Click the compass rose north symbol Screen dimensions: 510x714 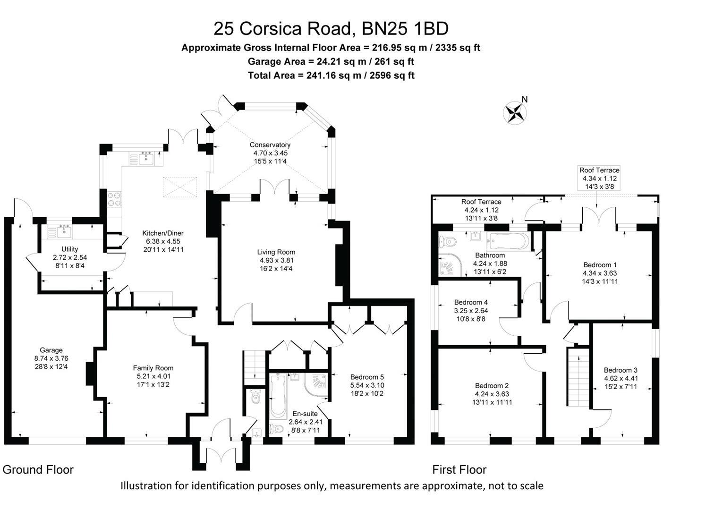tap(516, 113)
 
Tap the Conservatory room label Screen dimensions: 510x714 tap(270, 145)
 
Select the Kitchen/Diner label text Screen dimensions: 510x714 tap(163, 233)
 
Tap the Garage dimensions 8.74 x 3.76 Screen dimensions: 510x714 tap(51, 358)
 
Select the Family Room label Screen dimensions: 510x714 tap(153, 368)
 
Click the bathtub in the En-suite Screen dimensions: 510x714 tap(278, 396)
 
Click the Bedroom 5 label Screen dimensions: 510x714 tap(367, 377)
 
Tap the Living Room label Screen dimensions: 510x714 tap(276, 252)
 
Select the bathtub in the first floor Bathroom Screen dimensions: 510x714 tap(508, 241)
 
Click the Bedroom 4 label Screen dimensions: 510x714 tap(471, 302)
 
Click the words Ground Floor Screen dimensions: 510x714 tap(38, 470)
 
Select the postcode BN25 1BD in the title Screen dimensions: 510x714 tap(405, 29)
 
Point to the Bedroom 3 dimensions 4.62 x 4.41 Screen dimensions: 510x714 tap(620, 378)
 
